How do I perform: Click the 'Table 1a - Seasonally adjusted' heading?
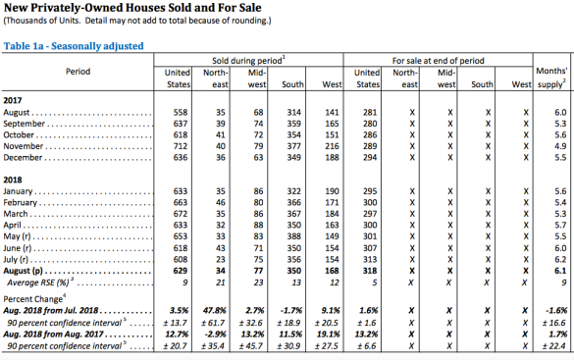click(74, 46)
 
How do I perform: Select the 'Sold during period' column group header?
click(248, 61)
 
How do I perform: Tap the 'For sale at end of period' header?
click(439, 61)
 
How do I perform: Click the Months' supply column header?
click(551, 77)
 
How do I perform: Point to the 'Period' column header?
click(78, 72)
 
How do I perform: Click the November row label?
click(24, 146)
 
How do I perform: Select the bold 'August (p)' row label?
click(24, 271)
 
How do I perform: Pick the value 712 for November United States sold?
click(181, 146)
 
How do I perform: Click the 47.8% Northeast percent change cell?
click(215, 311)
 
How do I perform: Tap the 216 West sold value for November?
click(332, 146)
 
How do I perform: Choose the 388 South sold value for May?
click(294, 236)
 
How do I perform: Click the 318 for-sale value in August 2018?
click(370, 271)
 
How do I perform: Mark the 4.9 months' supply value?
click(560, 146)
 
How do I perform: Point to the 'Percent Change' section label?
click(34, 298)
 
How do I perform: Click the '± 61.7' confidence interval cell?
click(213, 323)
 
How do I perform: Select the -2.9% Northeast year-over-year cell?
click(215, 334)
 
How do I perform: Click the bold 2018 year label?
click(13, 180)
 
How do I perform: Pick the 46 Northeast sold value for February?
click(221, 203)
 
